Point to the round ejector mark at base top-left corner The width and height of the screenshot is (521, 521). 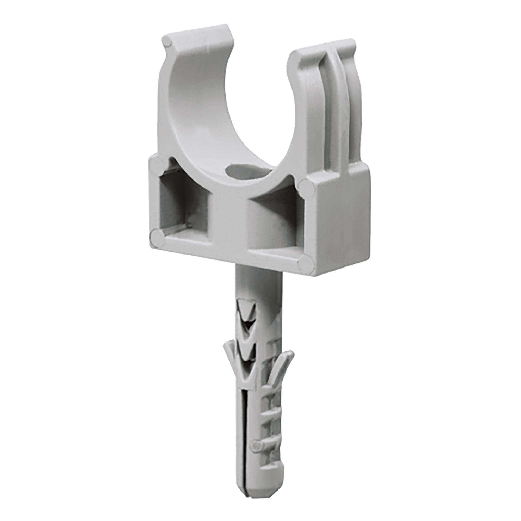pyautogui.click(x=157, y=164)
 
